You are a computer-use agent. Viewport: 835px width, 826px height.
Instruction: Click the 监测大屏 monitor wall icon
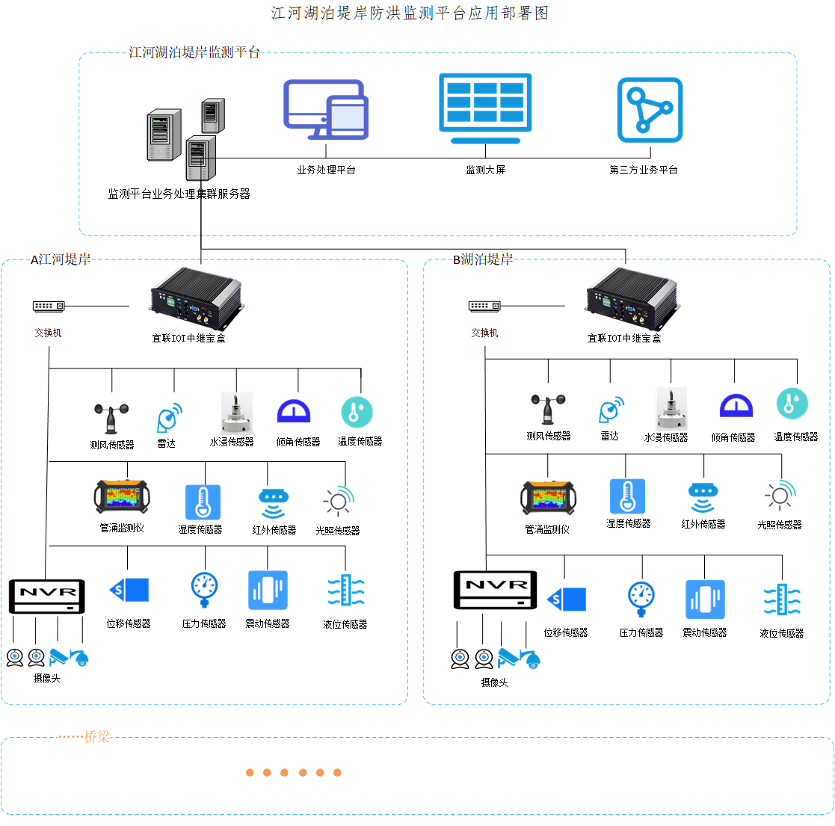[485, 108]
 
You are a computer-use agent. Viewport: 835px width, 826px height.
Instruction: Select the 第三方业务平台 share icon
[650, 110]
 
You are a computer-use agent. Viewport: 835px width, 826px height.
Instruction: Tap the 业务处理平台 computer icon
[326, 110]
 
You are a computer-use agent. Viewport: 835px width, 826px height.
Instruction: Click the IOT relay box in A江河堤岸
[197, 298]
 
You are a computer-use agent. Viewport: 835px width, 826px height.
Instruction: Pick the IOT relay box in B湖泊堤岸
[632, 298]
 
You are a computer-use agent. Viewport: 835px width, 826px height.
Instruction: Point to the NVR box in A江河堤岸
[47, 597]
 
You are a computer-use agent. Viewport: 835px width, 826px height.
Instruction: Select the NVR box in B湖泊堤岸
[496, 590]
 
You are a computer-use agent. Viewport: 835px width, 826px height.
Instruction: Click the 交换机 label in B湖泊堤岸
[484, 333]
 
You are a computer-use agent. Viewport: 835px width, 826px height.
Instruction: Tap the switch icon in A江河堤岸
[49, 306]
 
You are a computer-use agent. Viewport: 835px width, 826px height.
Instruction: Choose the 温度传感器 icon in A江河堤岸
[357, 412]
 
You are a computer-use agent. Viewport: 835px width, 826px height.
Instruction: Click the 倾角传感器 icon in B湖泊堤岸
[736, 406]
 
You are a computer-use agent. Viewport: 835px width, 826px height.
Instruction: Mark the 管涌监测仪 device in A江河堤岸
[122, 497]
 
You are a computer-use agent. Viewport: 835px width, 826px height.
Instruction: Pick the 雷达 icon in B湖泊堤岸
[611, 409]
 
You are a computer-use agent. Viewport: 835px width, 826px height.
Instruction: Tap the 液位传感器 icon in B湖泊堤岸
[782, 600]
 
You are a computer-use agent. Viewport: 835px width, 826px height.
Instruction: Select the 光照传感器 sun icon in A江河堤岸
[339, 501]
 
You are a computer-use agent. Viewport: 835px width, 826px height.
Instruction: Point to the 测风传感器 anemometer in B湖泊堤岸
[548, 409]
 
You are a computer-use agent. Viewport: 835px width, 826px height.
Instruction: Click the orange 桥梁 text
[97, 736]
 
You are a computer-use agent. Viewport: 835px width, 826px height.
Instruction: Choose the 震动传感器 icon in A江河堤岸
[268, 590]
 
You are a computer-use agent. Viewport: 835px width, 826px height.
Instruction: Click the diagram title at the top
[410, 13]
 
